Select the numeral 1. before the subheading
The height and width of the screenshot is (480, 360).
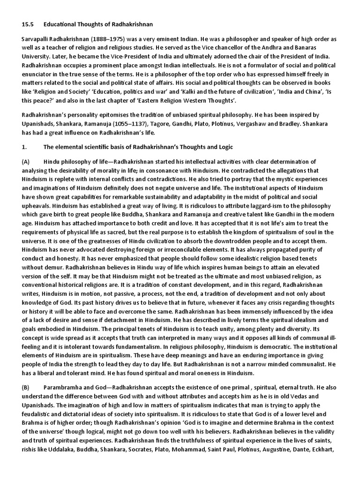point(24,147)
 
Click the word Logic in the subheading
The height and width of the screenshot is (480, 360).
point(224,147)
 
